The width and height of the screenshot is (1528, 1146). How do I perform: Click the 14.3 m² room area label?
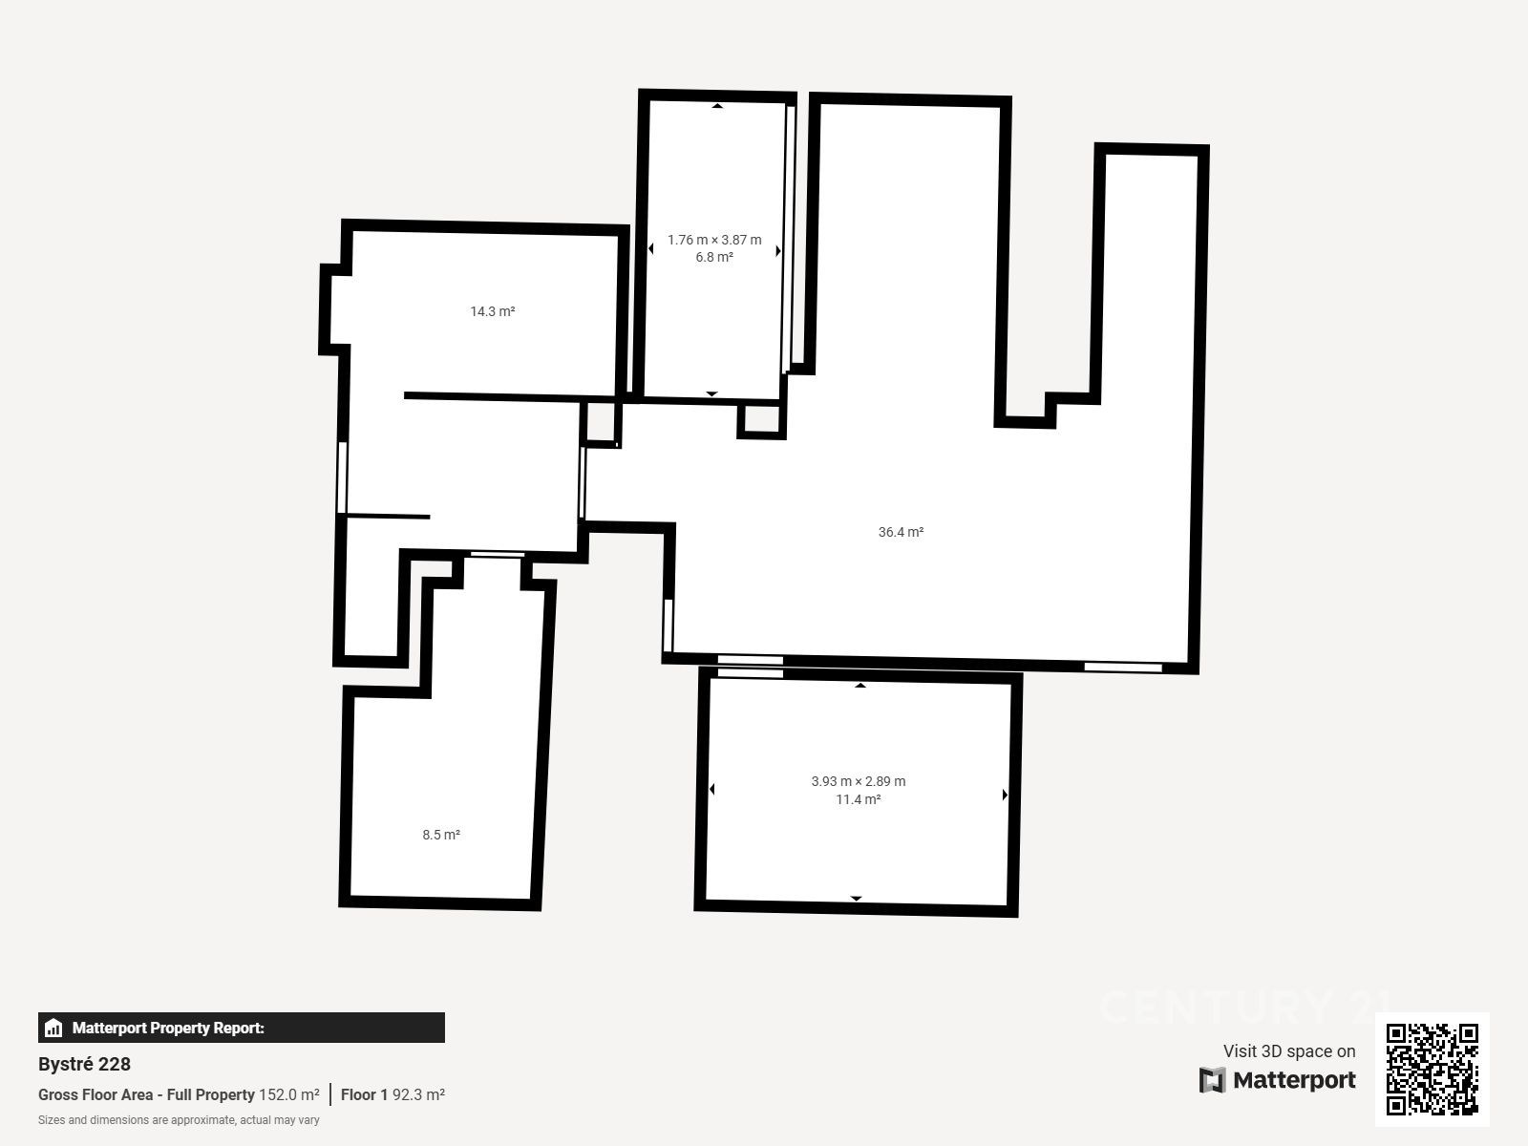pos(492,311)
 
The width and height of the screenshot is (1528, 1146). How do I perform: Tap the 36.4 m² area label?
pos(901,532)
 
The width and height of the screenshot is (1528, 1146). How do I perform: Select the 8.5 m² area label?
pos(441,835)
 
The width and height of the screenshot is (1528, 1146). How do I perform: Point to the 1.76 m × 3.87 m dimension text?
pos(714,240)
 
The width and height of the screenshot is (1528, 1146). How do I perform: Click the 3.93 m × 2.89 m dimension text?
pos(859,781)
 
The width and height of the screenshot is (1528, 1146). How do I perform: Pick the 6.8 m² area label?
pos(714,258)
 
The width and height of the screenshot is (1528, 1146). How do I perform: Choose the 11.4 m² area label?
pos(859,799)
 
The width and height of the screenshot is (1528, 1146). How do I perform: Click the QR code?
pos(1432,1069)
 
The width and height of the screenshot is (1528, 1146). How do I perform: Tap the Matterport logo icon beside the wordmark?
pos(1212,1080)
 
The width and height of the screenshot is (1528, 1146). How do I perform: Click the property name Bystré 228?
pos(84,1064)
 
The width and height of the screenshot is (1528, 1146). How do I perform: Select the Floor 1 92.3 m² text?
pos(393,1094)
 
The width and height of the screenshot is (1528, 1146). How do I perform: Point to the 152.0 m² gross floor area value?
pos(289,1094)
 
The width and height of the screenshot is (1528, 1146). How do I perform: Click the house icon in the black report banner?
pos(53,1028)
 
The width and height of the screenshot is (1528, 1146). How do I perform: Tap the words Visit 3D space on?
pos(1289,1050)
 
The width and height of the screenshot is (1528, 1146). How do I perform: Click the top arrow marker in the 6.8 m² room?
pos(717,106)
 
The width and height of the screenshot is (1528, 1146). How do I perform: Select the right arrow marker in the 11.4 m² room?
pos(1005,795)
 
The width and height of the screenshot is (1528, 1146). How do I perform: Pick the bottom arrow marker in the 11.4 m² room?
pos(857,899)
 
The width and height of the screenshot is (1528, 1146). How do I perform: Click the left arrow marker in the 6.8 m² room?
pos(651,248)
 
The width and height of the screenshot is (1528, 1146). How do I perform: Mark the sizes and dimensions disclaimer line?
pos(179,1120)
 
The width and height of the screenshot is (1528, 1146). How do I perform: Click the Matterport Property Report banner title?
pos(168,1028)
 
